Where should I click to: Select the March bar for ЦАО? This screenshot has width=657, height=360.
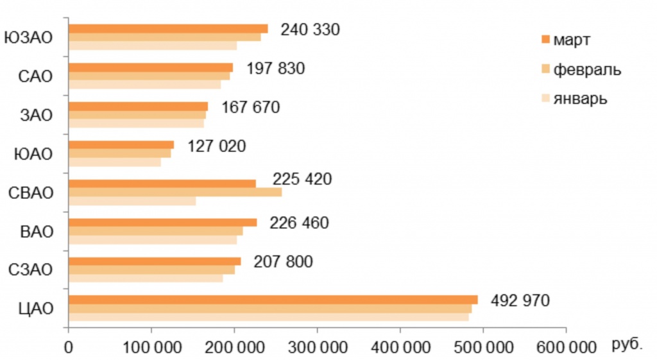273,300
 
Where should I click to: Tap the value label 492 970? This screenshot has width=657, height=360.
520,300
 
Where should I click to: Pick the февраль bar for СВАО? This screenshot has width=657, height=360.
175,192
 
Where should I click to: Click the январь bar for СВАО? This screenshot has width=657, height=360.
132,201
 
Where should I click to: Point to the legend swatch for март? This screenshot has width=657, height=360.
546,39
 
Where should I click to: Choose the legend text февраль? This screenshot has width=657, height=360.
586,69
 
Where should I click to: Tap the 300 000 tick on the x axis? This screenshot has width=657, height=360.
318,347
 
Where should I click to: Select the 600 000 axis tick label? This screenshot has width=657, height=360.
565,347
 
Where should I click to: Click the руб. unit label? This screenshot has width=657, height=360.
627,345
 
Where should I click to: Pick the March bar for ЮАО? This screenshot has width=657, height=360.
121,144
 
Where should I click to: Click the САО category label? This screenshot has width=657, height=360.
35,76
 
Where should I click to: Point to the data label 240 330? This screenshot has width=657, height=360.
310,30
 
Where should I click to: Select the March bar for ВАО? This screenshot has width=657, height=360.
162,223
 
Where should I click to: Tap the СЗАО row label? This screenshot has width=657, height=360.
31,270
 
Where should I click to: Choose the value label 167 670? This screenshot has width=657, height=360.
251,107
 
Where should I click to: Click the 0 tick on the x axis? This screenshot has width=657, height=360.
69,347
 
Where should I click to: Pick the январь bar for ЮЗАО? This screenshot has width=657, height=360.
152,46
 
